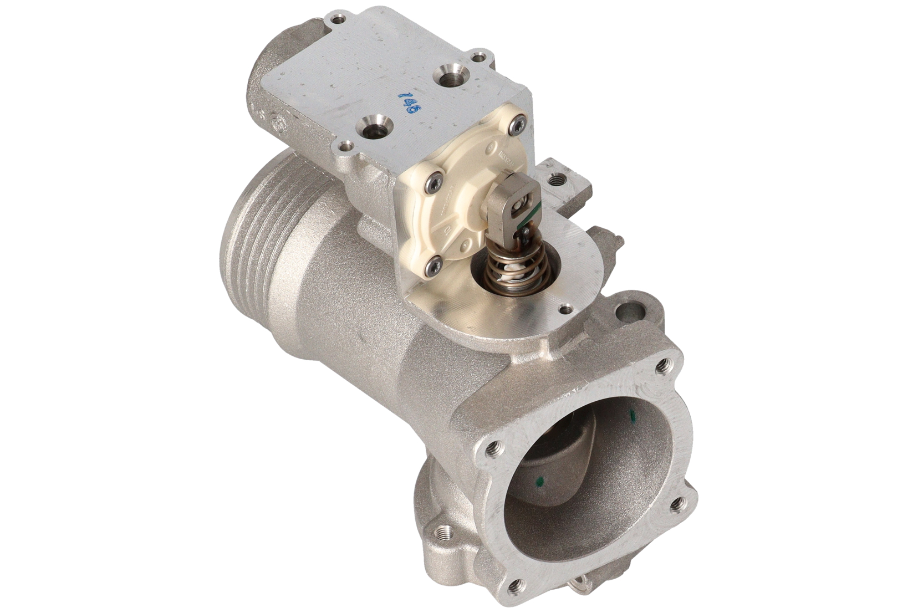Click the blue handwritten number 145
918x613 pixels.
point(410,100)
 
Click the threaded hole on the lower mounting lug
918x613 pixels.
point(444,534)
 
